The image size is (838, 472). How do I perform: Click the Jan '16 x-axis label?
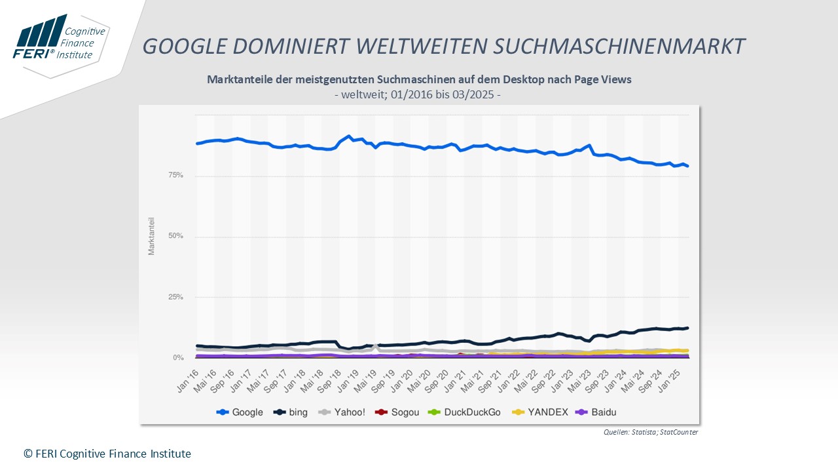pyautogui.click(x=189, y=380)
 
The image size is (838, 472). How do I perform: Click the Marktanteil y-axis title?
pyautogui.click(x=152, y=236)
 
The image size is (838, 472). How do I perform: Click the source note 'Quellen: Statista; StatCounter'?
pyautogui.click(x=651, y=432)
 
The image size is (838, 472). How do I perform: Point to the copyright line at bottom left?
pyautogui.click(x=107, y=454)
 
